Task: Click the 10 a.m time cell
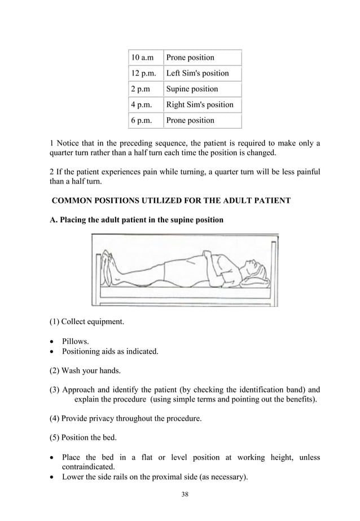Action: [142, 58]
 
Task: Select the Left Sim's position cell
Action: [197, 73]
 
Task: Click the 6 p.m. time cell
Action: [142, 120]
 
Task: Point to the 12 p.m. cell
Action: [143, 73]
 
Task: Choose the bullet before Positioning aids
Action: [53, 352]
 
